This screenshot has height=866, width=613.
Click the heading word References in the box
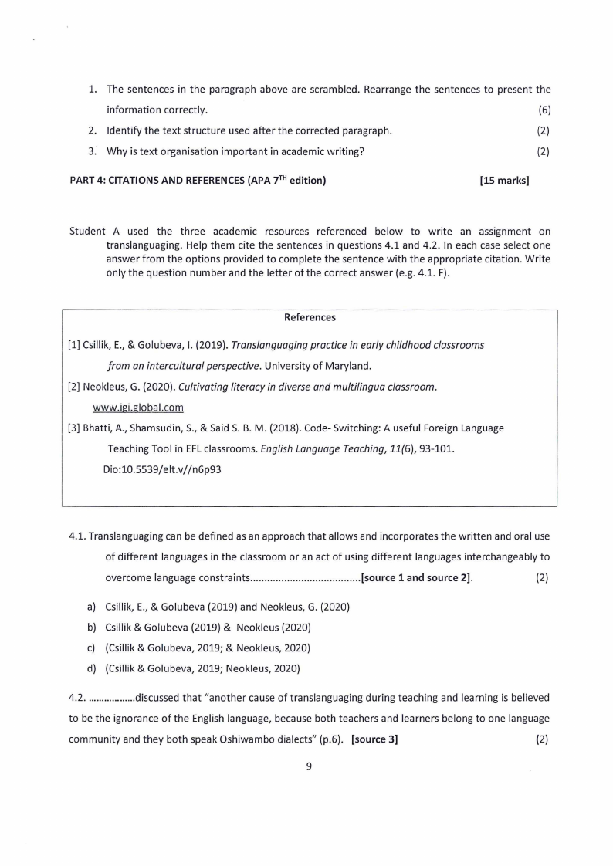click(310, 317)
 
